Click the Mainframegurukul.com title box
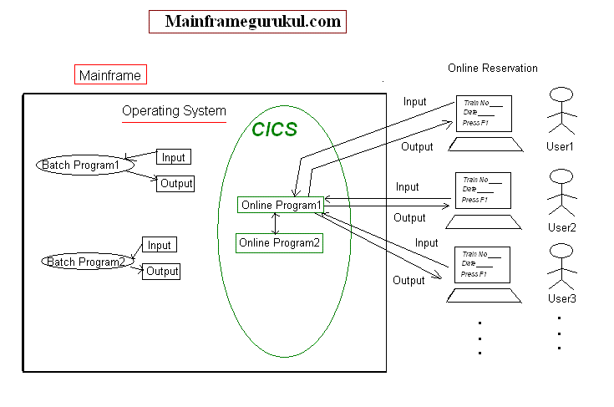coord(247,22)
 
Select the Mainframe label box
coord(110,75)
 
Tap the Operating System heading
coord(174,110)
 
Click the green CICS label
coord(275,130)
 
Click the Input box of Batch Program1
coord(174,157)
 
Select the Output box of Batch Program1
coord(175,183)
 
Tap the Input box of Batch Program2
coord(159,245)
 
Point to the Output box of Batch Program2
coord(162,271)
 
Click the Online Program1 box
coord(281,205)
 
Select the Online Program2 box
coord(279,243)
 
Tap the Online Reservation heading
coord(493,68)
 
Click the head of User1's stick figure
coord(561,95)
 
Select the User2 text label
coord(562,226)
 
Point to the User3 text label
coord(562,298)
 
